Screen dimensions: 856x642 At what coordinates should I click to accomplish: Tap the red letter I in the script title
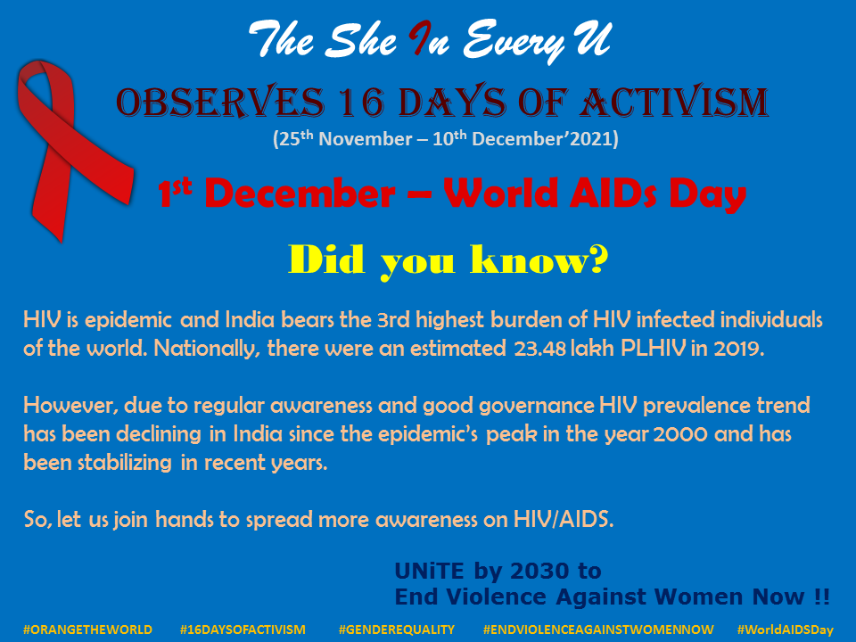[x=422, y=38]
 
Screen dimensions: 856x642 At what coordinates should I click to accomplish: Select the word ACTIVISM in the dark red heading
[x=674, y=102]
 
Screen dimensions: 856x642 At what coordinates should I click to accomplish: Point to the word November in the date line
[x=366, y=139]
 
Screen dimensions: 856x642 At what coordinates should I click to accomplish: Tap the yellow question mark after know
[x=597, y=259]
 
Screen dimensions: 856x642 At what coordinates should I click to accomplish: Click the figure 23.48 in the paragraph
[x=540, y=349]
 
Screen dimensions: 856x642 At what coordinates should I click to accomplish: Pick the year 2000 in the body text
[x=680, y=434]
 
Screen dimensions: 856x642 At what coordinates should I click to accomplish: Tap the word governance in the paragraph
[x=537, y=407]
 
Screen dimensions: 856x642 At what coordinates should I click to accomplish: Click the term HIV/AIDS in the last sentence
[x=564, y=519]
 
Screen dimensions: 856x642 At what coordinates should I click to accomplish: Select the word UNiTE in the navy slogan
[x=429, y=571]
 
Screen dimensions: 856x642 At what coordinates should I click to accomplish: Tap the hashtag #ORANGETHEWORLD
[x=88, y=630]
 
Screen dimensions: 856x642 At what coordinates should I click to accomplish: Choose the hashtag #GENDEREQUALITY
[x=396, y=630]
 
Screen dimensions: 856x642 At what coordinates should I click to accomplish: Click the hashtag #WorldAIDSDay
[x=785, y=630]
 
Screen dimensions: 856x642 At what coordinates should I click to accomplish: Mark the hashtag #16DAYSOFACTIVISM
[x=243, y=630]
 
